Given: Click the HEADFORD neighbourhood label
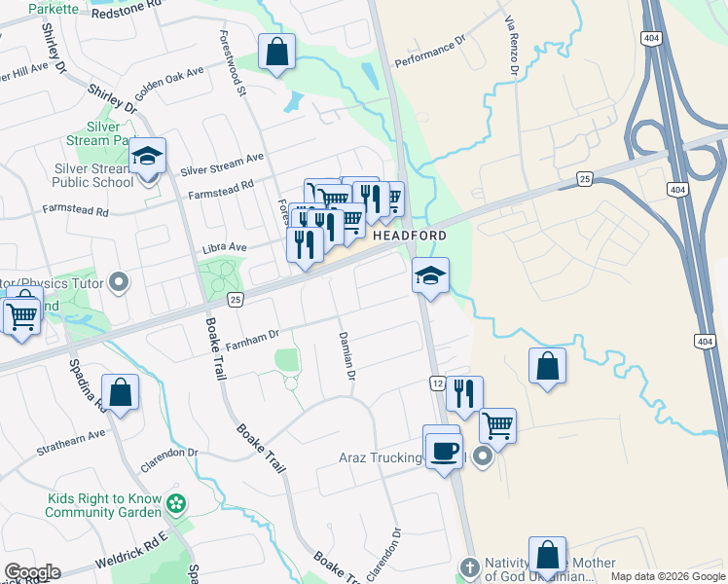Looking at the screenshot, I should (x=409, y=236).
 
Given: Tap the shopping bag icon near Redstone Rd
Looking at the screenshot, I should (x=276, y=53).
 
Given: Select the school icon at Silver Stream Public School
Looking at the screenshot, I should (x=148, y=157).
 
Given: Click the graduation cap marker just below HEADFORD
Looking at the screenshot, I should (x=430, y=276).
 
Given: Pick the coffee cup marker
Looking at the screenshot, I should (x=444, y=452).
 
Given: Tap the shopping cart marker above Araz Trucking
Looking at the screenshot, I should (x=497, y=425).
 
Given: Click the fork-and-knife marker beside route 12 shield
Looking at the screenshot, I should (x=464, y=394).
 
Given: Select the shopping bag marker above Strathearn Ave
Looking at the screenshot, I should (x=121, y=394).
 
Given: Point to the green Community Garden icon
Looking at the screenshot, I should (x=175, y=504).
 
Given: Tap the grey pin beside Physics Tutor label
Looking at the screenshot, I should (x=120, y=283).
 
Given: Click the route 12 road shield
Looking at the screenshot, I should (x=436, y=384).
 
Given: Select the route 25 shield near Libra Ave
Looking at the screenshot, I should (x=235, y=300).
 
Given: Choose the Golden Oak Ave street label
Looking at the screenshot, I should (x=169, y=81).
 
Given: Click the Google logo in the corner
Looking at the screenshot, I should (x=32, y=572).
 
